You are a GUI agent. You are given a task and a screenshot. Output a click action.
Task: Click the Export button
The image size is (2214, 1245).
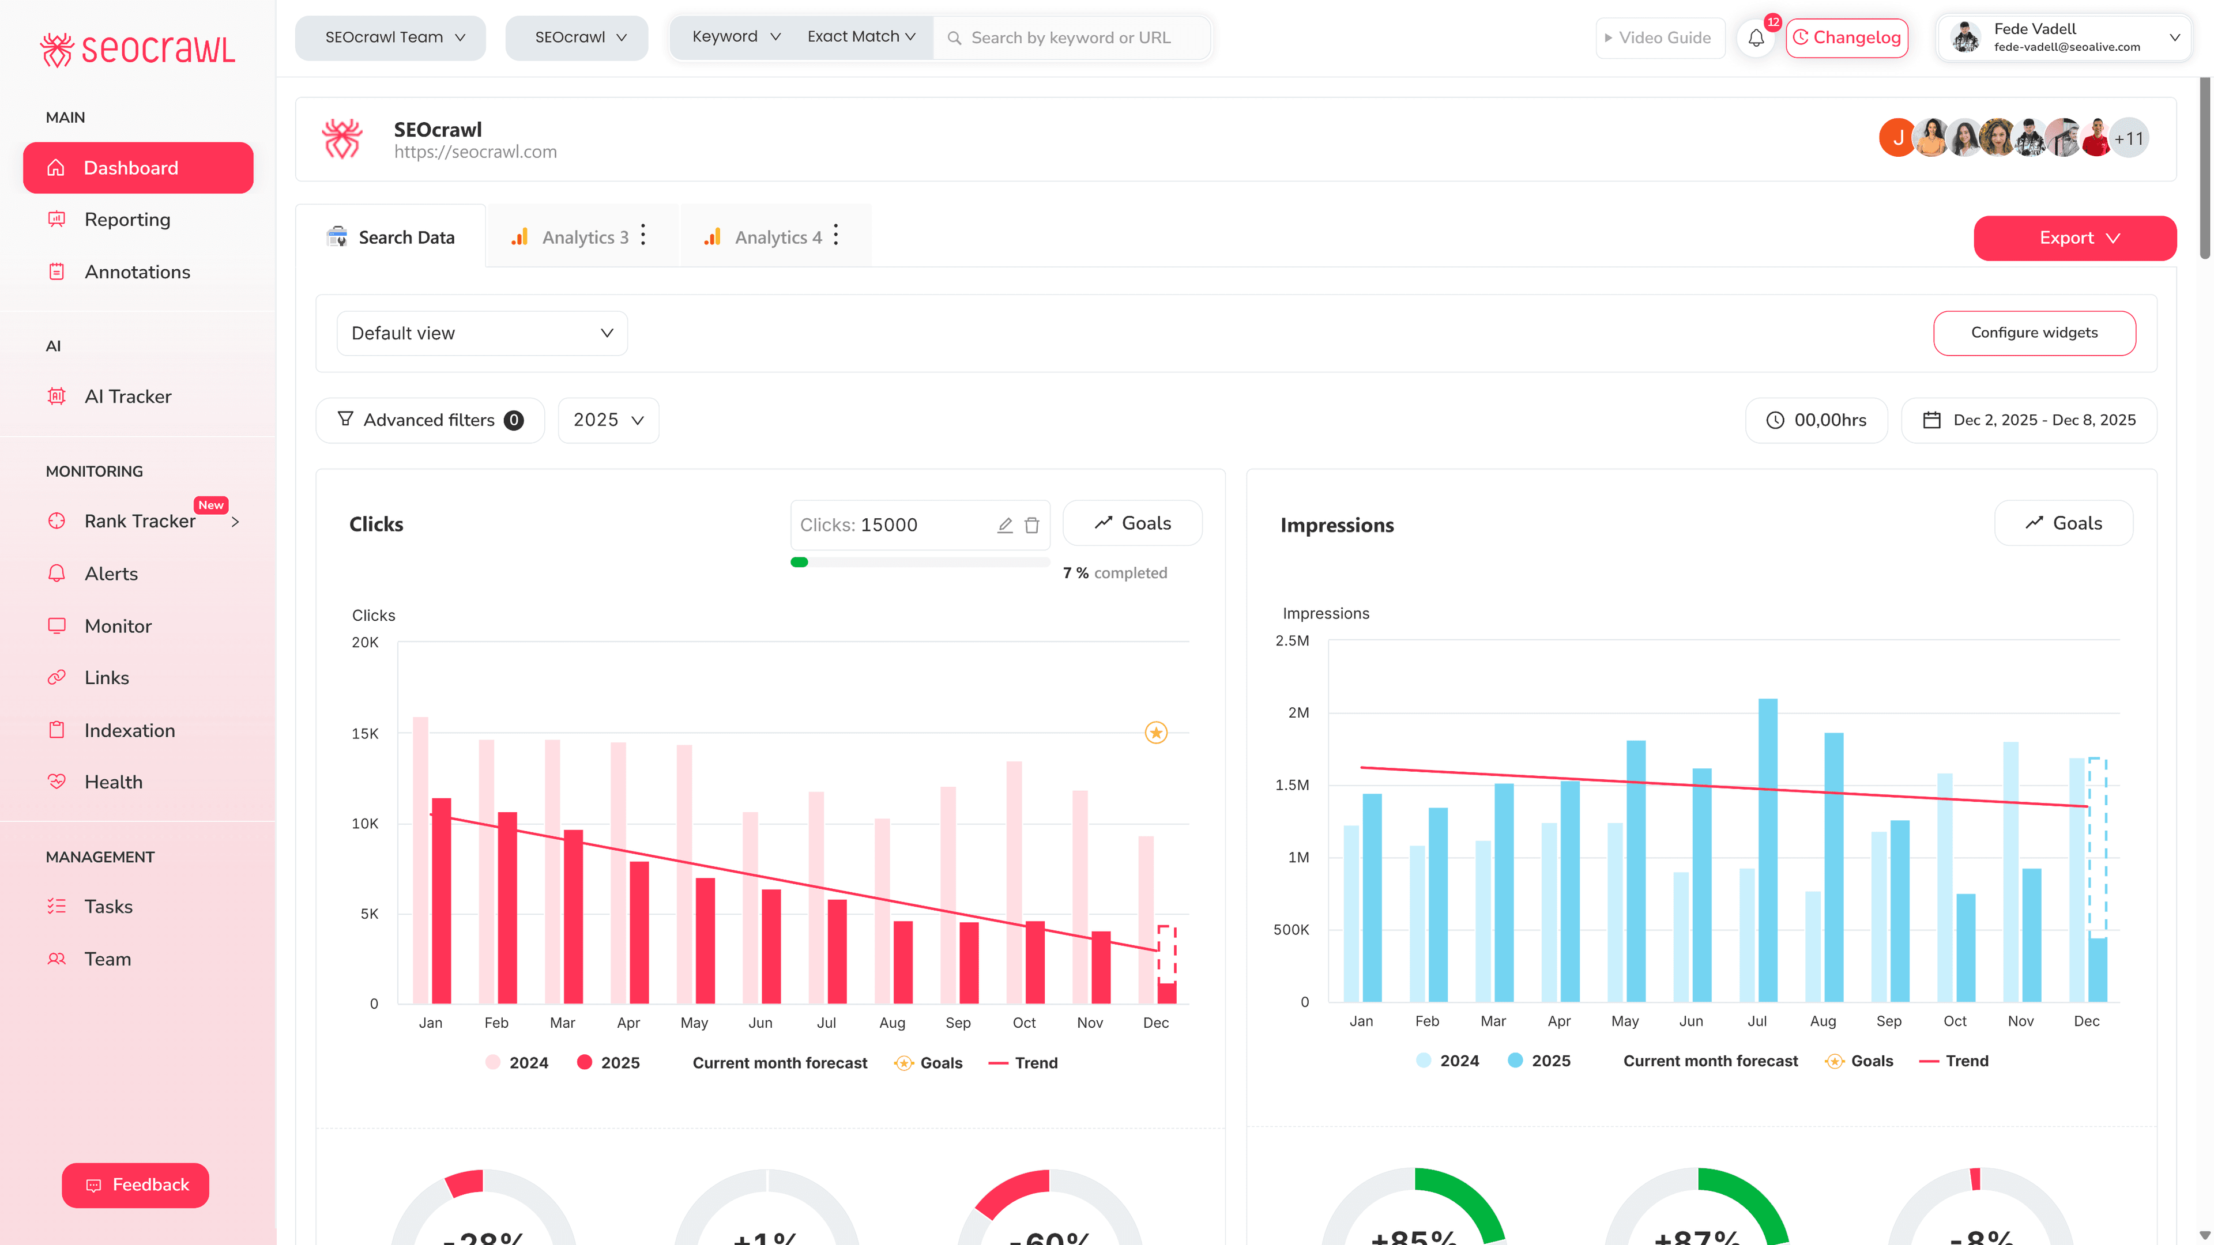coord(2074,238)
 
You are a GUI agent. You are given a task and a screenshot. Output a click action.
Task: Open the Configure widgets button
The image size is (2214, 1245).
coord(2034,333)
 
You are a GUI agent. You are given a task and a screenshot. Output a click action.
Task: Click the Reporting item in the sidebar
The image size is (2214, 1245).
coord(127,220)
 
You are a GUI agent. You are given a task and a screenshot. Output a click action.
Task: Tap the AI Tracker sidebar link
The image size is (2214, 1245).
coord(127,396)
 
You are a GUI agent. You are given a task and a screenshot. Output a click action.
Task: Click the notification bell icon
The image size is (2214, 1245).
coord(1756,38)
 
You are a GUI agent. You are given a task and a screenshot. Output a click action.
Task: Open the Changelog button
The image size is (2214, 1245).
coord(1846,38)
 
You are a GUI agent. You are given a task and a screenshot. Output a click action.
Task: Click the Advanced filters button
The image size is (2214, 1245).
coord(430,420)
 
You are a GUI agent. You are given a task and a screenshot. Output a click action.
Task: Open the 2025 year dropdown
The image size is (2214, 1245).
coord(608,420)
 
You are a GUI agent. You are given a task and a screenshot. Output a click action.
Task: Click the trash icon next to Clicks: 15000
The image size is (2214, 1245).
coord(1031,525)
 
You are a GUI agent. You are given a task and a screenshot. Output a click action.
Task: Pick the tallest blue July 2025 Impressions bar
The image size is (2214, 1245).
coord(1767,851)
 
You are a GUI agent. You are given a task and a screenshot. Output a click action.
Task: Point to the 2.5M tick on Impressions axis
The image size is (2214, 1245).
coord(1291,641)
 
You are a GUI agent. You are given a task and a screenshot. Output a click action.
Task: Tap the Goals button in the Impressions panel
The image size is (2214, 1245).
coord(2063,523)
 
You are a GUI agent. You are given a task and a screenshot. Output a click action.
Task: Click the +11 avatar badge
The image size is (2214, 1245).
coord(2129,138)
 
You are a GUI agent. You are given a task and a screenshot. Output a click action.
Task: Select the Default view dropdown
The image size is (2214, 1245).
coord(481,333)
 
